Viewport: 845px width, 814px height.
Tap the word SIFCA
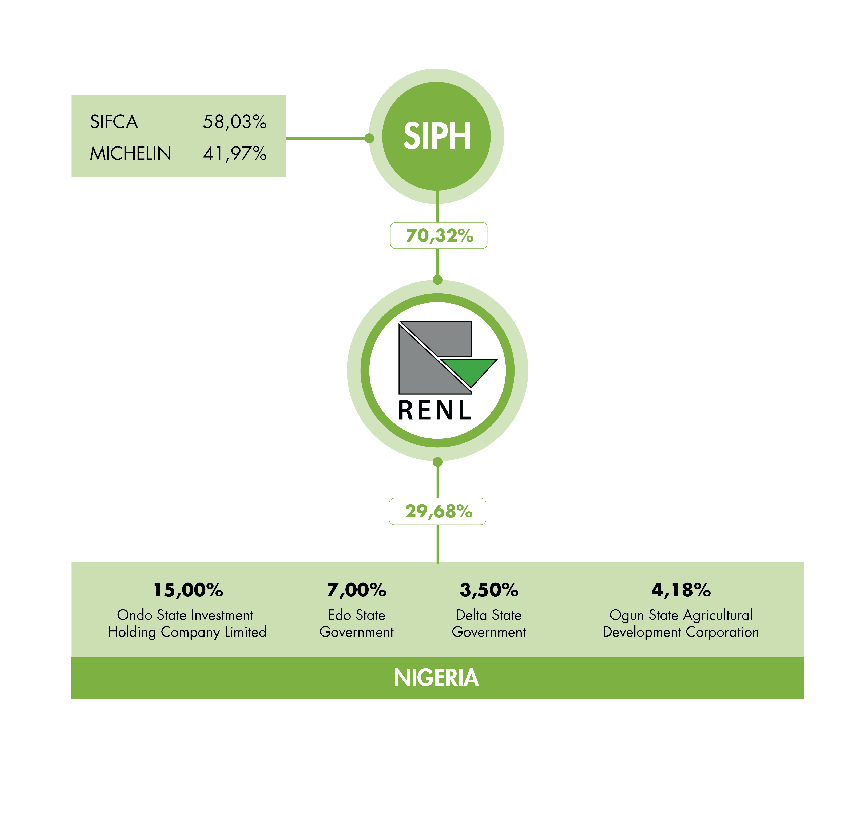pos(114,122)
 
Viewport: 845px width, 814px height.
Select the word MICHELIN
pos(130,154)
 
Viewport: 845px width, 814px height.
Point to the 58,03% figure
pos(235,122)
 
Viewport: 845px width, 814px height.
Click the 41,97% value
pos(235,154)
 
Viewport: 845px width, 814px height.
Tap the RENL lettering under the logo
pos(435,410)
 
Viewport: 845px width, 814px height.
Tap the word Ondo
pos(134,615)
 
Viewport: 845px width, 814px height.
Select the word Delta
pos(471,615)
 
